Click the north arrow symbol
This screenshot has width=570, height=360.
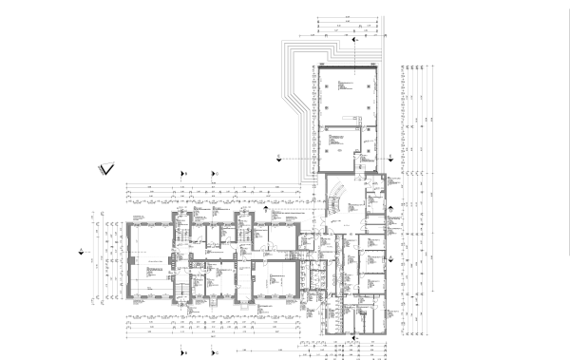[x=104, y=170]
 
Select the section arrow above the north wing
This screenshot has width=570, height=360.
[x=353, y=41]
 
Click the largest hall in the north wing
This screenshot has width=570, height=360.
[x=347, y=96]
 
